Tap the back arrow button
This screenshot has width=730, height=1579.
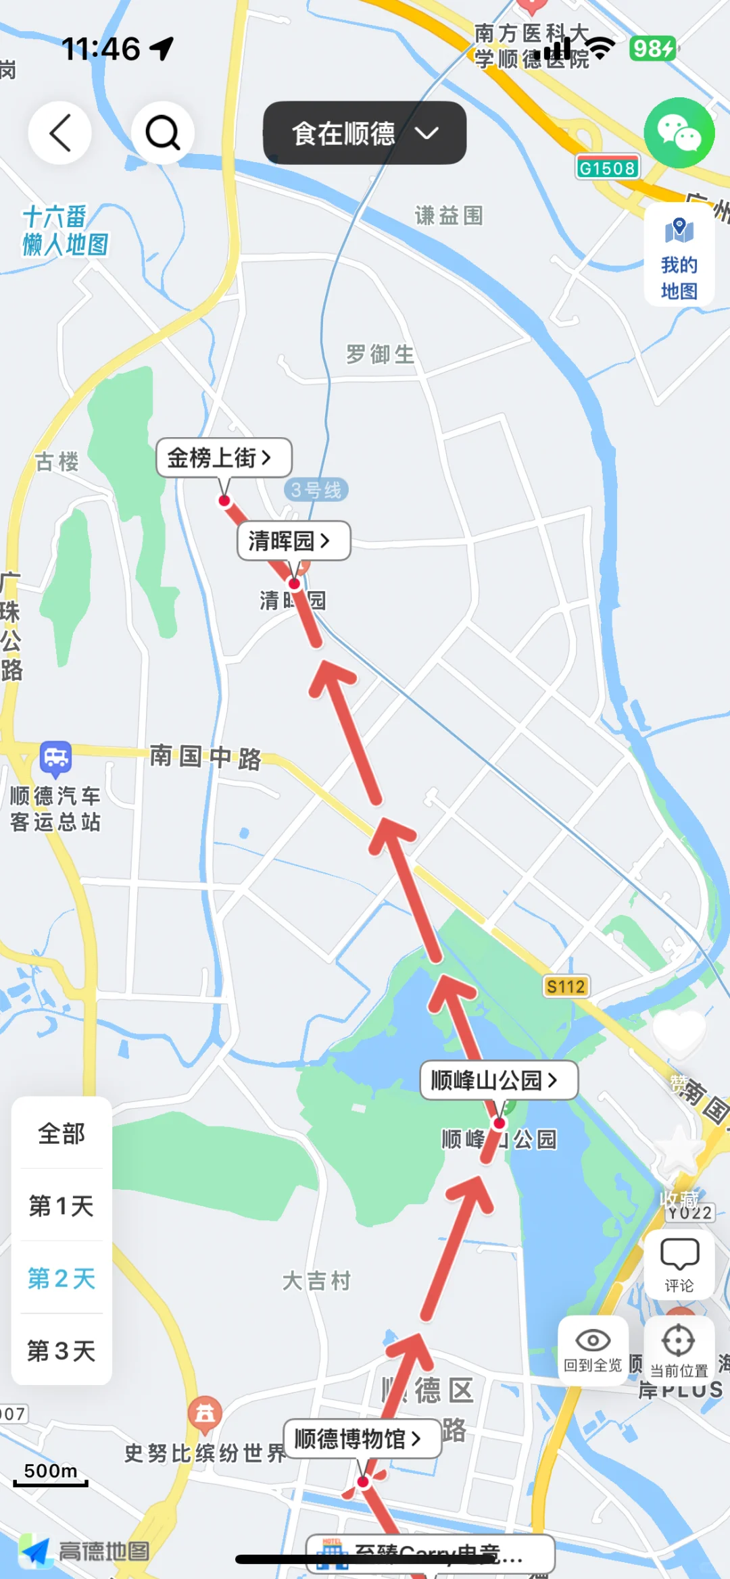pyautogui.click(x=59, y=133)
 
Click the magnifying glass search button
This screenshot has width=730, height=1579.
pyautogui.click(x=162, y=133)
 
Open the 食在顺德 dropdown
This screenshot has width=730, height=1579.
pyautogui.click(x=364, y=133)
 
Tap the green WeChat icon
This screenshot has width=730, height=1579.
pyautogui.click(x=679, y=133)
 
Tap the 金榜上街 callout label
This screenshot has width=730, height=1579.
pyautogui.click(x=224, y=458)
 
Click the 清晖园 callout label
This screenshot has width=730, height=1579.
pyautogui.click(x=293, y=541)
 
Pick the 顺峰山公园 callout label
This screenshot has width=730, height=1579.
pyautogui.click(x=498, y=1080)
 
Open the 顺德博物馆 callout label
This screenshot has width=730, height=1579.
pyautogui.click(x=362, y=1439)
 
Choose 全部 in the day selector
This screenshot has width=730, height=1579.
pyautogui.click(x=62, y=1134)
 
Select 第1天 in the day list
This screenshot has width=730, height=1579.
pyautogui.click(x=62, y=1206)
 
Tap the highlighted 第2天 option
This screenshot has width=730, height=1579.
pyautogui.click(x=62, y=1278)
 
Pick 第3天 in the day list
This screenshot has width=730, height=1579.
pyautogui.click(x=62, y=1351)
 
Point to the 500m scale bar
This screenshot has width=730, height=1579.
pyautogui.click(x=51, y=1476)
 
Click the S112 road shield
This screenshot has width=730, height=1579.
pyautogui.click(x=566, y=987)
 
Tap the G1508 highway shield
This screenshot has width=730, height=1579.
pyautogui.click(x=607, y=168)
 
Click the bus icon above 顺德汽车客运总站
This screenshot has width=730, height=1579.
pyautogui.click(x=55, y=758)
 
